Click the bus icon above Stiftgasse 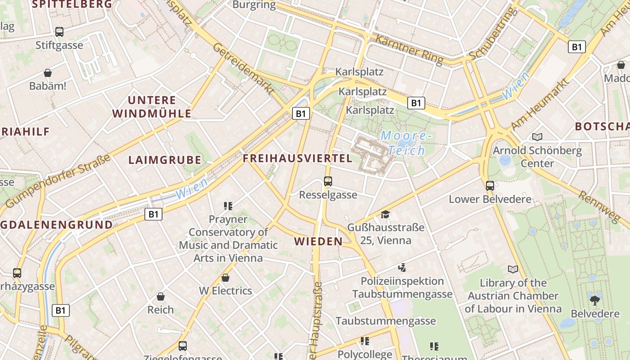coord(59,32)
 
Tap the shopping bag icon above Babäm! coord(48,73)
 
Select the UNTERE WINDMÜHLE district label coord(152,107)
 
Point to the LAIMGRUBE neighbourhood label coord(165,160)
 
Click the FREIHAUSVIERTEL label coord(297,158)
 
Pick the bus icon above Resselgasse coord(328,181)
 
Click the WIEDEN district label coord(319,242)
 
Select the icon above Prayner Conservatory coord(228,206)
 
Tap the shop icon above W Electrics coord(225,278)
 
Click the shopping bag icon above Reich coord(161,297)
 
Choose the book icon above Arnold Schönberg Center coord(537,137)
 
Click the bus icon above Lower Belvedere coord(490,185)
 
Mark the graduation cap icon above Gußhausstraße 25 coord(385,214)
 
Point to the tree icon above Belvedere coord(595,300)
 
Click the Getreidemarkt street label coord(243,68)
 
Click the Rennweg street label coord(598,207)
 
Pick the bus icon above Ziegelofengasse coord(183,346)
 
